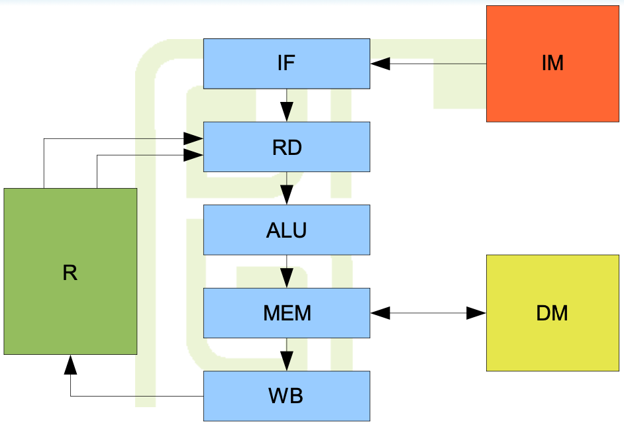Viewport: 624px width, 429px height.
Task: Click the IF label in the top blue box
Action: click(x=286, y=64)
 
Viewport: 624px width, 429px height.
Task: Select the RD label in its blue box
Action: click(x=286, y=147)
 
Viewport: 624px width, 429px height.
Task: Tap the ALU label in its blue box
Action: click(x=286, y=230)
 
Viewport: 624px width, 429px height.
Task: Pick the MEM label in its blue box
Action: click(x=286, y=313)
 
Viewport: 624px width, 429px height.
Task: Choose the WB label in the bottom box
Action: click(x=286, y=396)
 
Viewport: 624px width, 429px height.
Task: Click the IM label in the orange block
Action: click(x=552, y=64)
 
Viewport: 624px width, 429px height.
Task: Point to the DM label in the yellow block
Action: click(x=552, y=313)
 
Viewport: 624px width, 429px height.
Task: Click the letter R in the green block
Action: click(x=70, y=273)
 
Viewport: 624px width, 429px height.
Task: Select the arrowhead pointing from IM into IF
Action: click(x=380, y=64)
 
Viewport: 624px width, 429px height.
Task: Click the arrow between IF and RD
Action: click(x=287, y=105)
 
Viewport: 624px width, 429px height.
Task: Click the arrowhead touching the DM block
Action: click(x=476, y=313)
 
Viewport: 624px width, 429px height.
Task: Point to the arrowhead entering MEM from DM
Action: click(x=380, y=313)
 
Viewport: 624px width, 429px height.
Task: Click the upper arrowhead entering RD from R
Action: click(x=193, y=138)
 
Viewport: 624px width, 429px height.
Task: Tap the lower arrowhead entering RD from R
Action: click(x=193, y=156)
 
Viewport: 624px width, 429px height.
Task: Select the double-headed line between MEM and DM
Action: click(x=428, y=313)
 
